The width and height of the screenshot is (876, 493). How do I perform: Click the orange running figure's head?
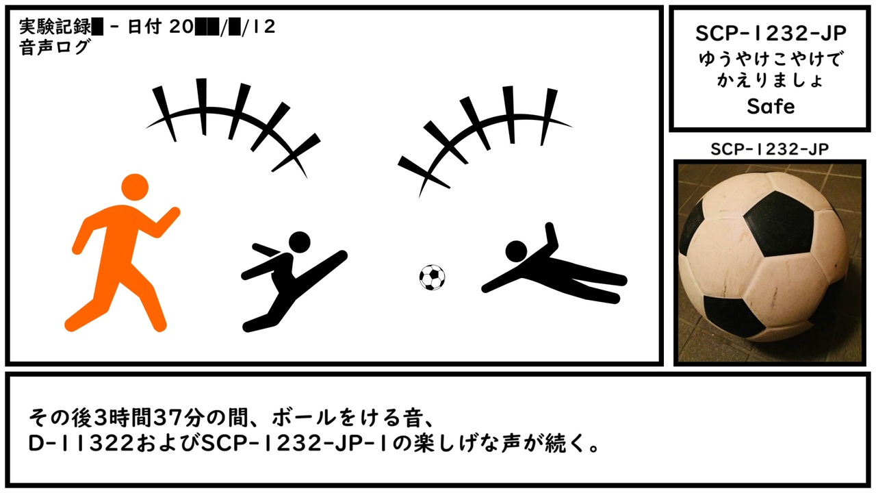tap(135, 188)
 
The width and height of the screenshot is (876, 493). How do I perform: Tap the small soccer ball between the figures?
tap(432, 277)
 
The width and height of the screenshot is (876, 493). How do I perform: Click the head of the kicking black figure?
tap(300, 242)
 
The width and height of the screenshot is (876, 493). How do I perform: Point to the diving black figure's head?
tap(516, 251)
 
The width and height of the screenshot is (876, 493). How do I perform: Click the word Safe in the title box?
tap(771, 106)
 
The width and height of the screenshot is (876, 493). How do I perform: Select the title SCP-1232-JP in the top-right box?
tap(771, 34)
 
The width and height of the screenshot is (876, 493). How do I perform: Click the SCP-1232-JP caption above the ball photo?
tap(770, 149)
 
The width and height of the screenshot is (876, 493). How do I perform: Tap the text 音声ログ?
tap(55, 48)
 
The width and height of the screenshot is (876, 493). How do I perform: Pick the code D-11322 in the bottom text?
tap(81, 444)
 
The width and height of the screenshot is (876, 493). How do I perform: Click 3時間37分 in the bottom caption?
tap(149, 418)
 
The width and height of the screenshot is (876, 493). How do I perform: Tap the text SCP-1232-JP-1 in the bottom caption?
tap(295, 444)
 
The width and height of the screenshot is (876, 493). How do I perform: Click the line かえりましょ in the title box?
tap(771, 80)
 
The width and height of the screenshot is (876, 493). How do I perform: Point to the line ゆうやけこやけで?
tap(771, 59)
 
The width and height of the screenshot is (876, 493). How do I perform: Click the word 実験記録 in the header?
tap(55, 27)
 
